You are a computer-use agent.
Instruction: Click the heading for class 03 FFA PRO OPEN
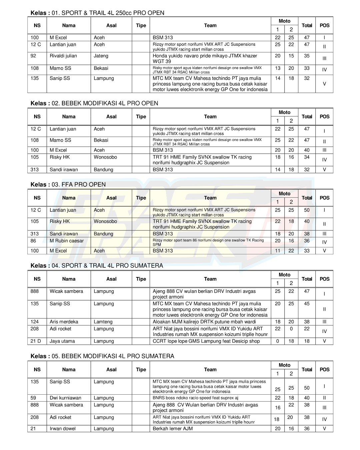pyautogui.click(x=68, y=184)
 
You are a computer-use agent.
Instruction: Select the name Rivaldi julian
pyautogui.click(x=63, y=56)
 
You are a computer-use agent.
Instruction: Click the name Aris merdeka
pyautogui.click(x=64, y=322)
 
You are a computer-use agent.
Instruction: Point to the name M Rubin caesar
pyautogui.click(x=67, y=241)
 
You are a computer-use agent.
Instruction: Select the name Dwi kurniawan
pyautogui.click(x=65, y=398)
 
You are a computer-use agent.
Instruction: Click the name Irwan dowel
pyautogui.click(x=63, y=429)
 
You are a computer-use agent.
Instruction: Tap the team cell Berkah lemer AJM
pyautogui.click(x=173, y=429)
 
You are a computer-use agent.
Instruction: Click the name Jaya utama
pyautogui.click(x=62, y=341)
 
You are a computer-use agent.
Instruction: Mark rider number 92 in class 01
pyautogui.click(x=33, y=56)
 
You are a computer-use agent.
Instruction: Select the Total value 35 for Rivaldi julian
pyautogui.click(x=307, y=56)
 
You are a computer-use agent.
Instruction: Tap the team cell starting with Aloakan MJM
pyautogui.click(x=204, y=322)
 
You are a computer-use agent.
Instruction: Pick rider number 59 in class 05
pyautogui.click(x=33, y=398)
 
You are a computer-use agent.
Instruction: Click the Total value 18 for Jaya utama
pyautogui.click(x=307, y=341)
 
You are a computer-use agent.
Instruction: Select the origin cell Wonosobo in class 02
pyautogui.click(x=105, y=157)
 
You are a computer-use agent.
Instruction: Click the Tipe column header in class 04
pyautogui.click(x=141, y=279)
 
